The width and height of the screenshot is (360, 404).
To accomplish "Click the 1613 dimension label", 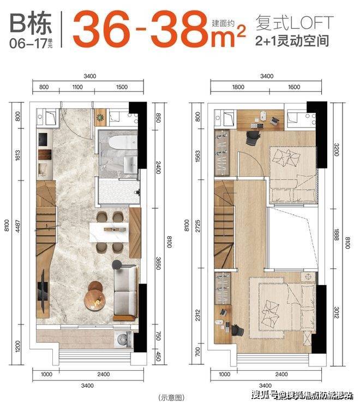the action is click(18, 155).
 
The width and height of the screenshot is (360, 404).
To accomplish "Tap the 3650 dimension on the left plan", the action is click(158, 263).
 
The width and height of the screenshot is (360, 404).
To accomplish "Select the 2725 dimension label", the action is click(197, 226).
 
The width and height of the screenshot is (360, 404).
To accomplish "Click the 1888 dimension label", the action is click(337, 234).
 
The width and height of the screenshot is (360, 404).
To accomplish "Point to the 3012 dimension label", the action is click(337, 312).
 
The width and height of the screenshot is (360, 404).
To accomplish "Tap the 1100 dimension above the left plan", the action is click(77, 87).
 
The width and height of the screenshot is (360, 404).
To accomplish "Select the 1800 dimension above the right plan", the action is click(238, 87).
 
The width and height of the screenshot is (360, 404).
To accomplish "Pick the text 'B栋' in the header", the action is click(31, 23).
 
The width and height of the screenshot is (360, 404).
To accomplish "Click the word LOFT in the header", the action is click(312, 23).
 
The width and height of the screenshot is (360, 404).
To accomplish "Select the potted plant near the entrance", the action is click(100, 117).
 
